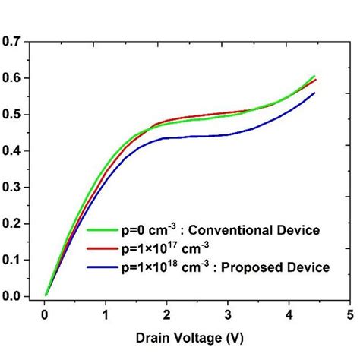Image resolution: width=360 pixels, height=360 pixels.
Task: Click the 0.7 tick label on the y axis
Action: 13,42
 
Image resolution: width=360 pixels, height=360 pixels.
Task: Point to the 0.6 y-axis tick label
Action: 13,78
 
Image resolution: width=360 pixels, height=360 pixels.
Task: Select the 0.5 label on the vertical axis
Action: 13,115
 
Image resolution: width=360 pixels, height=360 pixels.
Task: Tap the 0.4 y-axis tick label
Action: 13,151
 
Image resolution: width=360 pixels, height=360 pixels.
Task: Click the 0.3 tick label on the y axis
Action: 13,188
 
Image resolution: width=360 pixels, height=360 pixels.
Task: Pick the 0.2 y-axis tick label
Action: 13,224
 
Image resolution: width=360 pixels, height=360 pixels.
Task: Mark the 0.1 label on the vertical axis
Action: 13,261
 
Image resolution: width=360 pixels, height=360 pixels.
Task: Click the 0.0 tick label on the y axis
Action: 13,296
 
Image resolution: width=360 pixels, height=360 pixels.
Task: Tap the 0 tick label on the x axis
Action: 45,313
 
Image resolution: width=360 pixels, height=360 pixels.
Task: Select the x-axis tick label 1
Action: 106,313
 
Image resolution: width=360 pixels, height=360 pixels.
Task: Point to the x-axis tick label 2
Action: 167,313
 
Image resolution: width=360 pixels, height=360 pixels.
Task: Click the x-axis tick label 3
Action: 229,313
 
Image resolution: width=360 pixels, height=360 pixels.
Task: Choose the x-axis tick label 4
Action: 289,313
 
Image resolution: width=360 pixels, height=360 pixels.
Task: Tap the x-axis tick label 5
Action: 350,313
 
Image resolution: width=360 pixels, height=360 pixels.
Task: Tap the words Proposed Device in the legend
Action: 284,267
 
